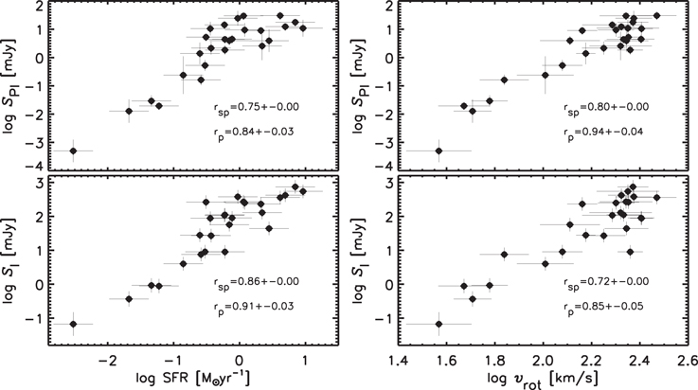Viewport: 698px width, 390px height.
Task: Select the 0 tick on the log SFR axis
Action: click(x=240, y=360)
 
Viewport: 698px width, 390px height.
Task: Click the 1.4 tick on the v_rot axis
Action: click(x=400, y=360)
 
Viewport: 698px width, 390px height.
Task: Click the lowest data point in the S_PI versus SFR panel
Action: click(x=73, y=151)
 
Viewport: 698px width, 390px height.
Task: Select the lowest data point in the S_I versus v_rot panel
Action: click(x=438, y=324)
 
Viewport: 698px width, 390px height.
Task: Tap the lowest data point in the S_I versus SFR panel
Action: click(x=73, y=324)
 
